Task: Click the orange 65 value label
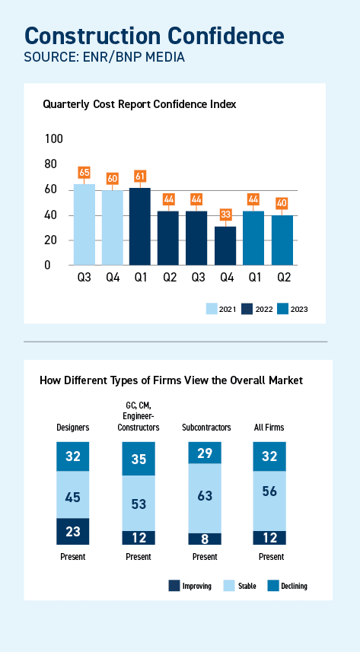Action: coord(84,173)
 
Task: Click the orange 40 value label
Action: coord(282,204)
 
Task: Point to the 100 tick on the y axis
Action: coord(54,138)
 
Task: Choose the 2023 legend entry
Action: coord(290,309)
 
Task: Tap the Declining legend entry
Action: coord(288,586)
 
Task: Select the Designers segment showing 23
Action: coord(73,532)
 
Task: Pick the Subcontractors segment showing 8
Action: coord(205,539)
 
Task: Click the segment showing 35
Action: coord(139,459)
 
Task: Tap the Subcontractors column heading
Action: coord(205,428)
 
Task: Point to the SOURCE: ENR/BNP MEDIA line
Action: coord(94,56)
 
